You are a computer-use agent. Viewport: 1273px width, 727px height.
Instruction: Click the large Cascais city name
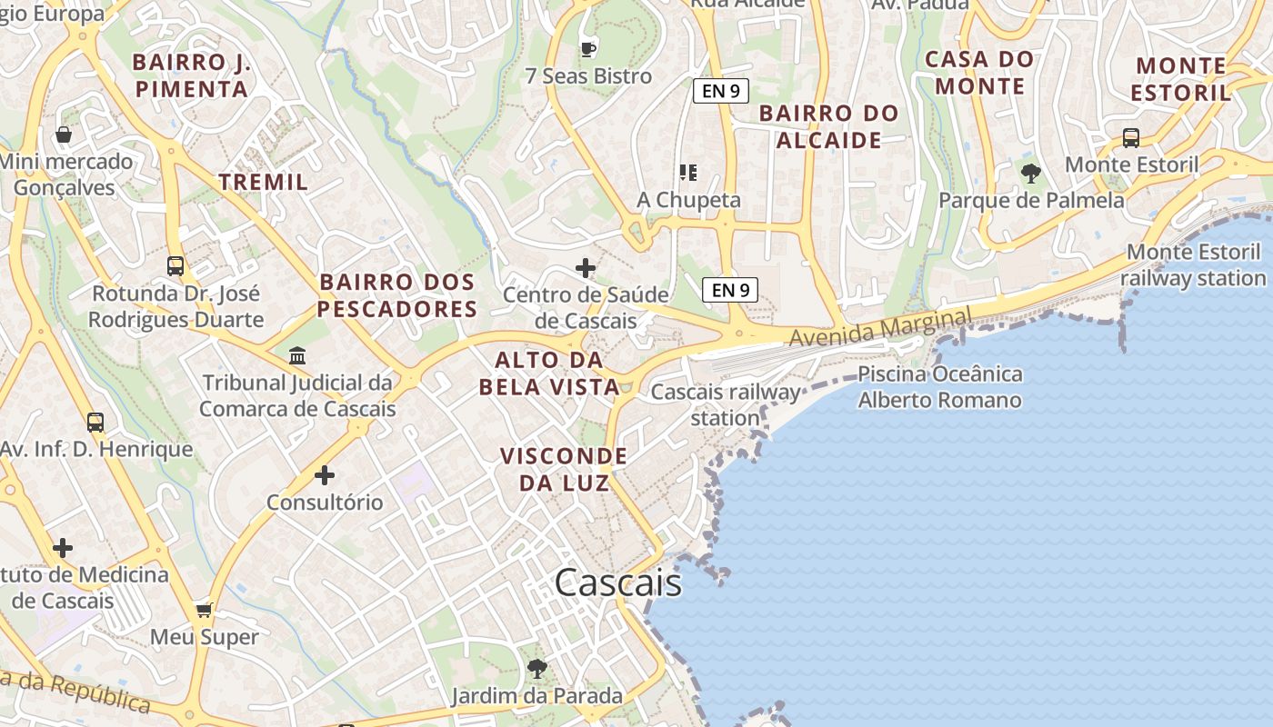(x=618, y=583)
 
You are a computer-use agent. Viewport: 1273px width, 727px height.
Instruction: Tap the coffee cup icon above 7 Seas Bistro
(x=587, y=48)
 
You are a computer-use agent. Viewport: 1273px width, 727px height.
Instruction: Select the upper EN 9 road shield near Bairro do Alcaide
(x=720, y=91)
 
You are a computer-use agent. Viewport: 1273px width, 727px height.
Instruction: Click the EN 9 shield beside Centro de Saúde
(x=730, y=290)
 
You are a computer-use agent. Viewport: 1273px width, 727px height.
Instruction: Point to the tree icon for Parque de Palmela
(x=1030, y=173)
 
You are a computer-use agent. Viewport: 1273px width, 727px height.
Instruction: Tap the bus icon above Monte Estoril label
(x=1130, y=138)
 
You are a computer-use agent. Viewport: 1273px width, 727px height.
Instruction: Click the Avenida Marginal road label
(x=880, y=328)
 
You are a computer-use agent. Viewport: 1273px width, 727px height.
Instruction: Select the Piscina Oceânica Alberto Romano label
(x=940, y=387)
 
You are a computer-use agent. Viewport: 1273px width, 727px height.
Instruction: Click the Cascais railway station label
(x=726, y=405)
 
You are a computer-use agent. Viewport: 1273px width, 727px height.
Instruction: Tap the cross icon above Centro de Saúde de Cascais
(x=586, y=268)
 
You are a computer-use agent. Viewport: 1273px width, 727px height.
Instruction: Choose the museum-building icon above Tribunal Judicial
(x=297, y=355)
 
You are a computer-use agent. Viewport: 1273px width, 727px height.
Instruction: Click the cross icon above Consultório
(x=325, y=475)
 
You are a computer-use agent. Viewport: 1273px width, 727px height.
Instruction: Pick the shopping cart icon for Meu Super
(x=205, y=610)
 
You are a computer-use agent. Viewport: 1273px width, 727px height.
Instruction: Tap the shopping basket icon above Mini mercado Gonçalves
(x=64, y=135)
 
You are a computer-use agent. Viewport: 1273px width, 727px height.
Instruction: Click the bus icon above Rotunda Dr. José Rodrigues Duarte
(x=175, y=266)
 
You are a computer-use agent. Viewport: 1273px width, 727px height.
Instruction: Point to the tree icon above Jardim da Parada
(x=536, y=669)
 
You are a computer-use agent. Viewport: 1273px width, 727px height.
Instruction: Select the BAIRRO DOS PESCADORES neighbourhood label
(x=397, y=295)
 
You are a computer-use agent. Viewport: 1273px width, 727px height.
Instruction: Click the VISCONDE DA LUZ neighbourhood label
(x=564, y=469)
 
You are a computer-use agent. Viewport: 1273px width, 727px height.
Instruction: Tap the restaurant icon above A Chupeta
(x=687, y=172)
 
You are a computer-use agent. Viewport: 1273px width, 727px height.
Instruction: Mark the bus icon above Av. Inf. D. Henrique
(x=95, y=423)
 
